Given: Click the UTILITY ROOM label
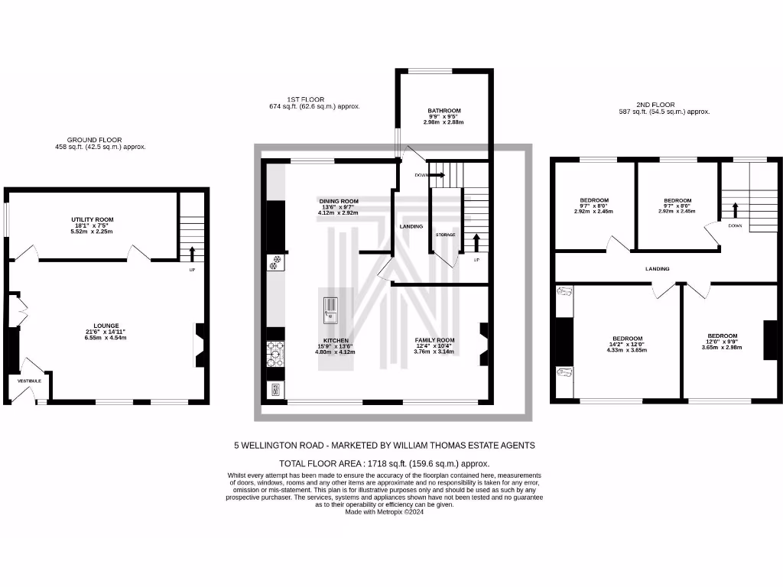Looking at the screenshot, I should coord(93,220).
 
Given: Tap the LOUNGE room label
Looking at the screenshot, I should coord(106,326).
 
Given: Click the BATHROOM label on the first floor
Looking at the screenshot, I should coord(443,111).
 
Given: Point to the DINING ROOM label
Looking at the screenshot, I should coord(339,202).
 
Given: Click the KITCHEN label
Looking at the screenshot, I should coord(336,340).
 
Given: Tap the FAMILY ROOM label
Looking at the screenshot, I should coord(434,340).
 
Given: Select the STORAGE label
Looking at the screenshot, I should coord(445,235).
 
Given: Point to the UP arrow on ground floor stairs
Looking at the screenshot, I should coord(191,253).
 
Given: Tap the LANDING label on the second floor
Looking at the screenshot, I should coord(657,269).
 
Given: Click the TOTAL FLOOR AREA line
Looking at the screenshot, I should coord(385,463).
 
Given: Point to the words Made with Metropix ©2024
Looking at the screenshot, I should coord(385,512).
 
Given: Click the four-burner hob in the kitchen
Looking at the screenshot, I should coord(275,353).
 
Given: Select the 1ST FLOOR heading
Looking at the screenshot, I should coord(306,99).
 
